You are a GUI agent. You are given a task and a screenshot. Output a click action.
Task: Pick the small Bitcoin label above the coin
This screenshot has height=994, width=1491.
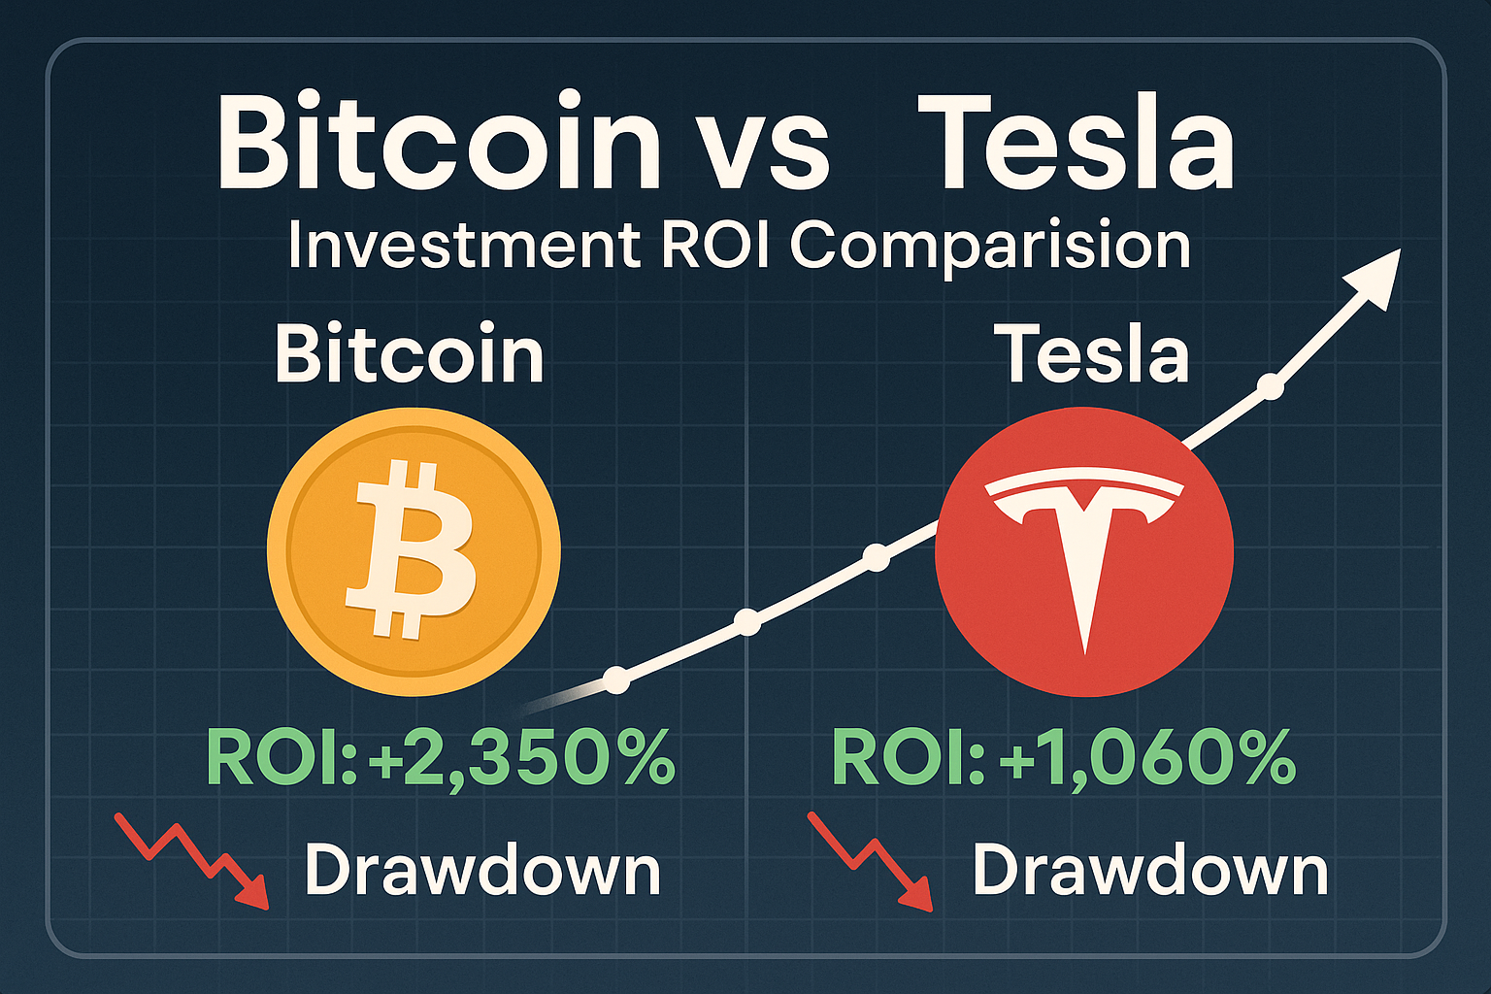[409, 354]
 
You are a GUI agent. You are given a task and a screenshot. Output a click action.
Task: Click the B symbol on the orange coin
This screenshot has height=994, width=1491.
[412, 549]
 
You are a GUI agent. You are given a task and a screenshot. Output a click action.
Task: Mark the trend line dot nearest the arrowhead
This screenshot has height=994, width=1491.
[1271, 387]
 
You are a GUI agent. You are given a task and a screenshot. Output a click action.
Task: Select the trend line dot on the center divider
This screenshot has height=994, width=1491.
[747, 622]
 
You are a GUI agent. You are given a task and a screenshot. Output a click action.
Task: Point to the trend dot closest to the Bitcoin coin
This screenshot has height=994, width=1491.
[616, 679]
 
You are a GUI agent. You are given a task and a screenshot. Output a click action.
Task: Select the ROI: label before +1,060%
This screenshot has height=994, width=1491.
[909, 758]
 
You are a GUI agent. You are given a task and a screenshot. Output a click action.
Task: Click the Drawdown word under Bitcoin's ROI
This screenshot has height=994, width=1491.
[482, 870]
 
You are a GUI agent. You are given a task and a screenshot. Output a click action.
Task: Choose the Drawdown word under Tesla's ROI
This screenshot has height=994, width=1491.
[1150, 870]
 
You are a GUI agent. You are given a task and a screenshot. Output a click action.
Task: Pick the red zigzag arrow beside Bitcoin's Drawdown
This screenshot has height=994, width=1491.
[194, 858]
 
